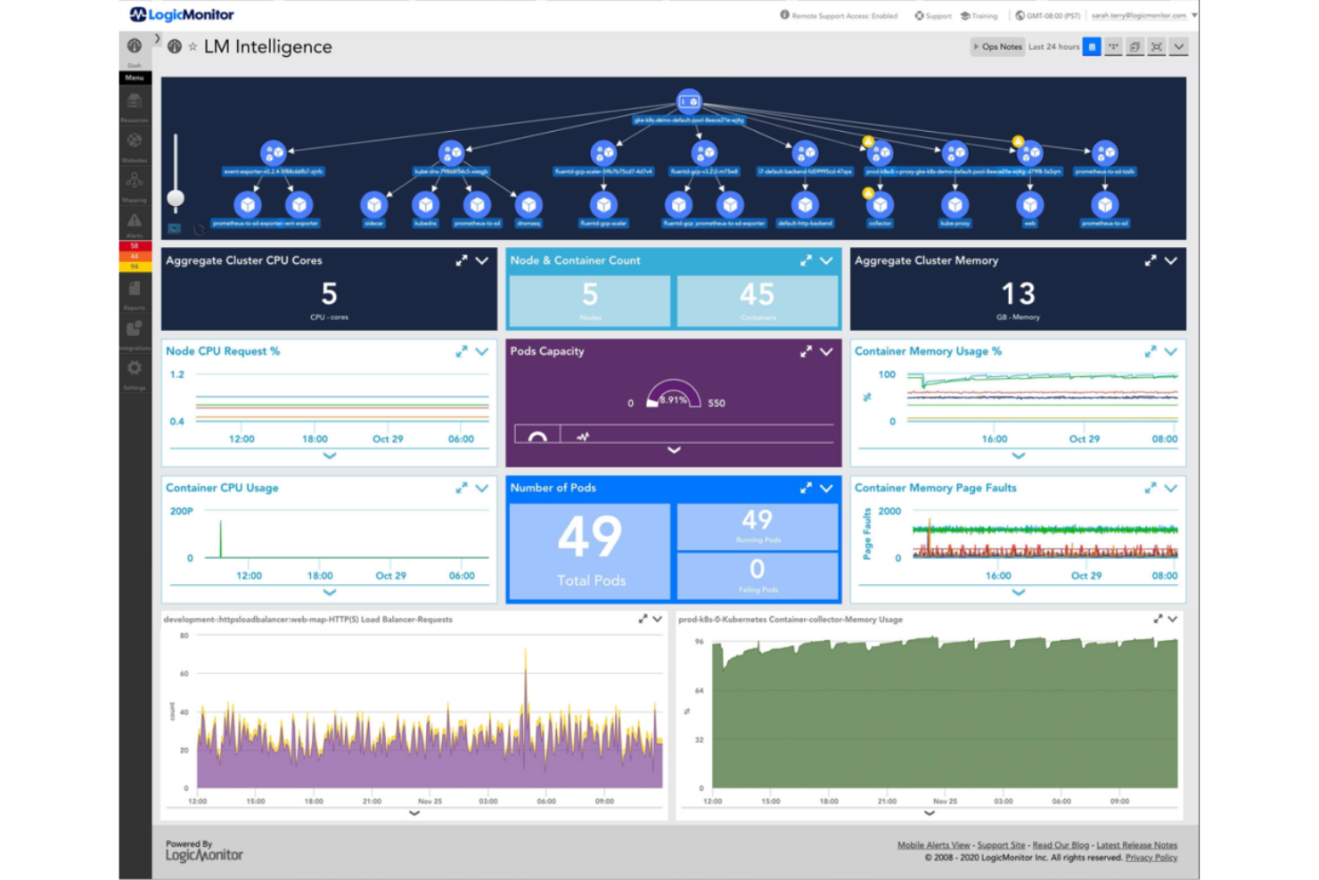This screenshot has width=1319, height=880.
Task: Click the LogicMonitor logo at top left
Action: pos(182,14)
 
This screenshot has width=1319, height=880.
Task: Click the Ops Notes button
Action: pos(998,46)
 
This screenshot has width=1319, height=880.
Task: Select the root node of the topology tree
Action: pos(688,102)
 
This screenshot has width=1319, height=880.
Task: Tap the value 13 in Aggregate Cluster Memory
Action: pos(1018,294)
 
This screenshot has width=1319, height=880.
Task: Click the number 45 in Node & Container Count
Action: pos(757,295)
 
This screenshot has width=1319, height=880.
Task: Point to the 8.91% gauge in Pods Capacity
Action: pos(673,397)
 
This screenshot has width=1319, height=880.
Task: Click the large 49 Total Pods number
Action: pos(589,538)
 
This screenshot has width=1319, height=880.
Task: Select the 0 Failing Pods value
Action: pos(757,569)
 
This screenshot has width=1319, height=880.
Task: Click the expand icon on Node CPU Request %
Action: pos(462,352)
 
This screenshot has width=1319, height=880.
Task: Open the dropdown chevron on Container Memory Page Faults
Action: pos(1171,488)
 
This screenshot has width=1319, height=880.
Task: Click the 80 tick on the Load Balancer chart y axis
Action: pos(184,636)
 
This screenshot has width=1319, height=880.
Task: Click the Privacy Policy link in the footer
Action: pos(1151,858)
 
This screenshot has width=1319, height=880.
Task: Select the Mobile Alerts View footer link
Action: pos(933,845)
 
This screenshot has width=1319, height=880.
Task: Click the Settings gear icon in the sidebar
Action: pos(135,368)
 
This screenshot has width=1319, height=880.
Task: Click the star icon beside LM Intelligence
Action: pos(193,46)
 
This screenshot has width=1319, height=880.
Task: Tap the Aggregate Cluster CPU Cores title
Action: pos(243,260)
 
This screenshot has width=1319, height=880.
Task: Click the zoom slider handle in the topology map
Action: pos(176,198)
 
